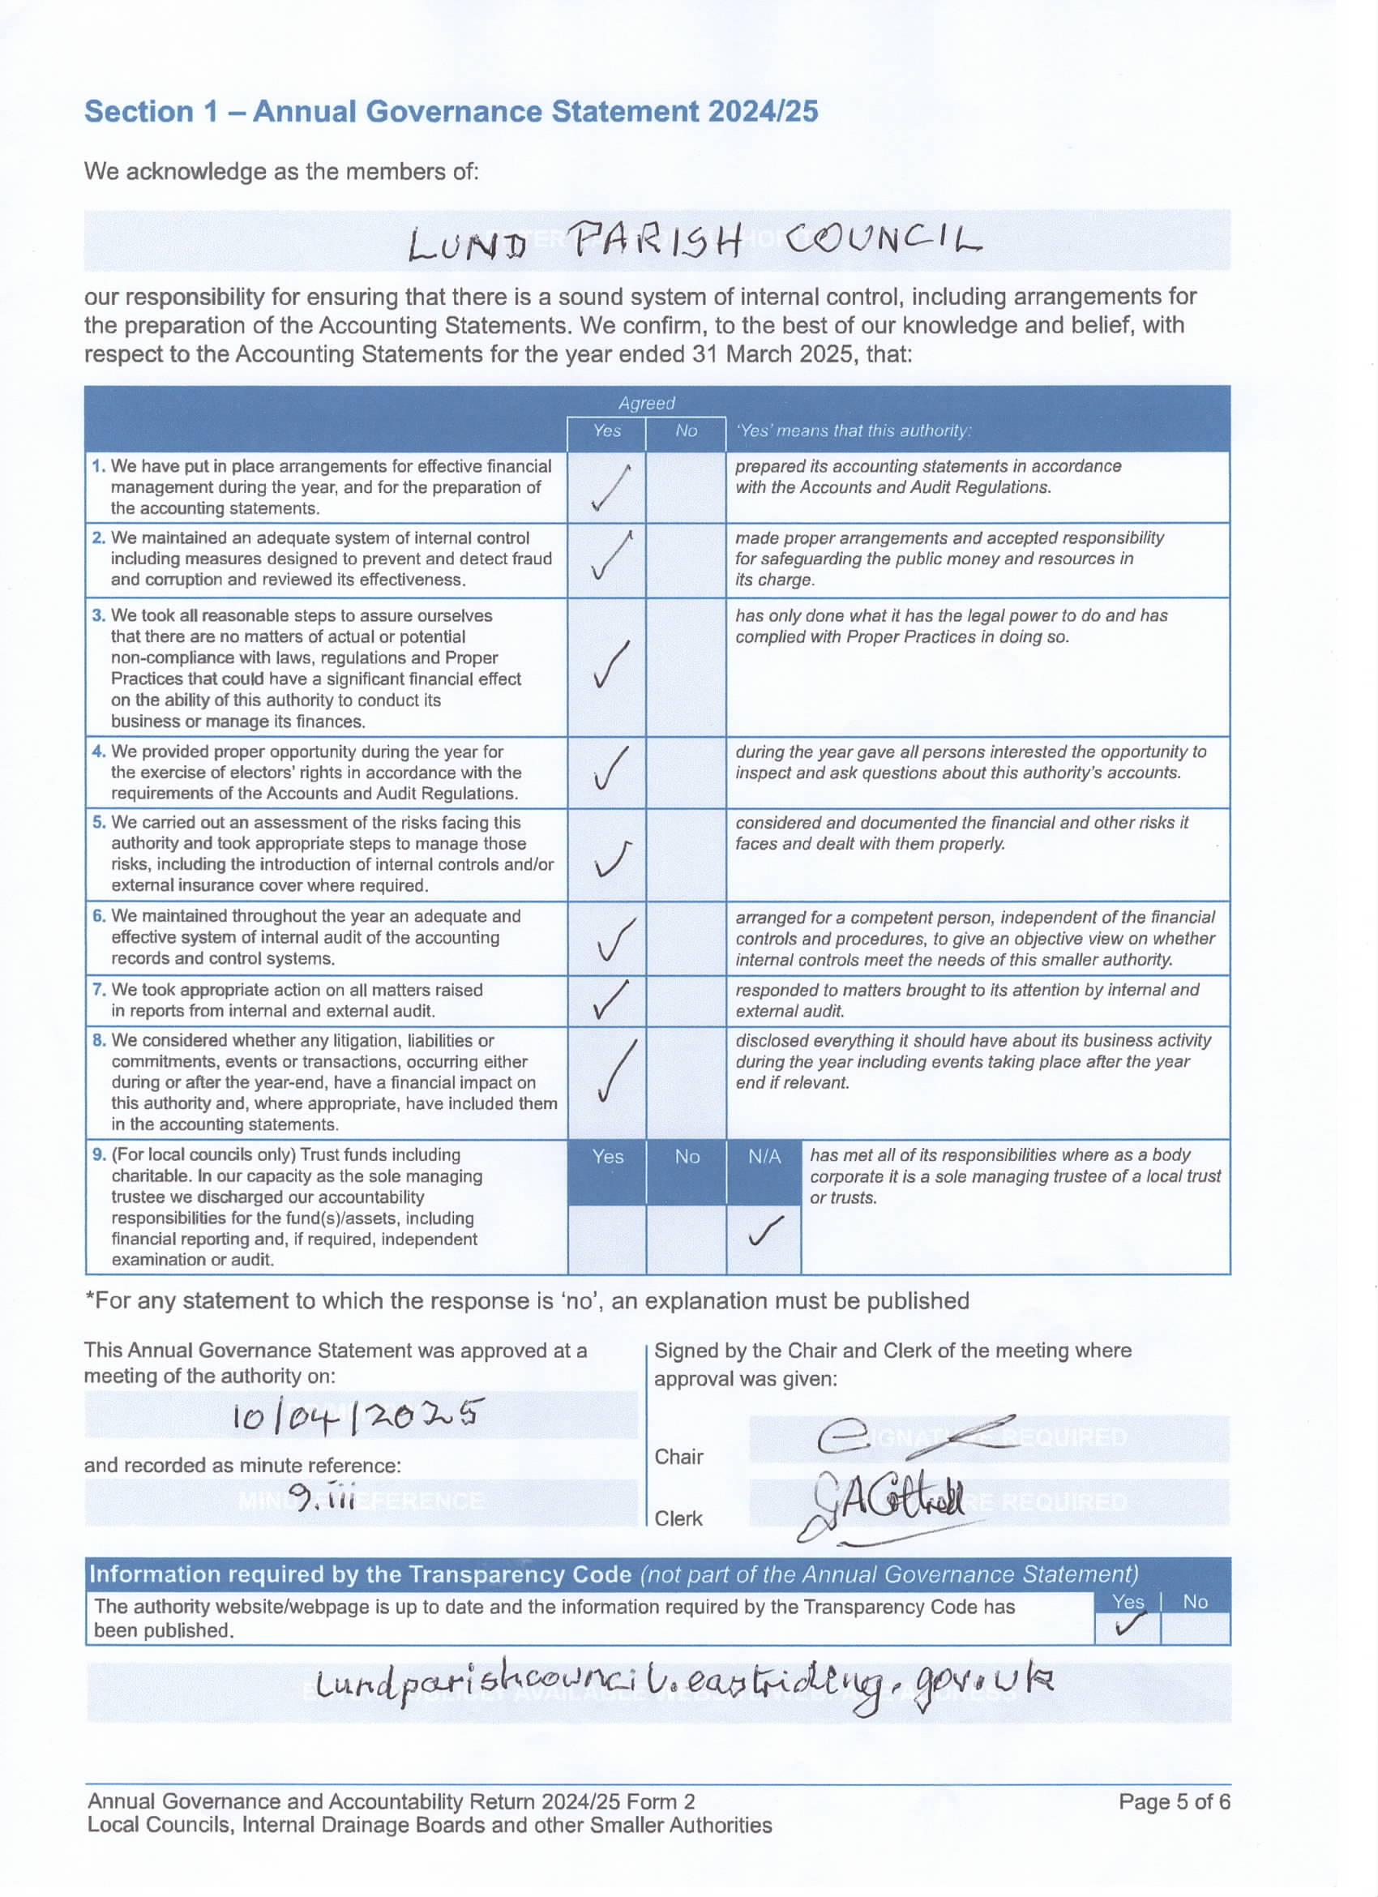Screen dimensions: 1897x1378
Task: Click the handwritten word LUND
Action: point(467,246)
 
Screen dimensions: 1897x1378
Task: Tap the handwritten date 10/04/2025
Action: point(357,1416)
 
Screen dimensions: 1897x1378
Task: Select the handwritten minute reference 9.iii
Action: point(321,1495)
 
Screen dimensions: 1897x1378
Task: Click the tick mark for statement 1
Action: point(610,488)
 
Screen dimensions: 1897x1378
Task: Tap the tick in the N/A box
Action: point(764,1232)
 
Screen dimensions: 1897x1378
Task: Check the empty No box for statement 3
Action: point(686,666)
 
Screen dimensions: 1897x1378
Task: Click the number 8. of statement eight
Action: point(100,1040)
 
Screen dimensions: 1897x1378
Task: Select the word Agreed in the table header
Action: point(646,403)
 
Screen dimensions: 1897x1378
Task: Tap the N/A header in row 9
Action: point(764,1157)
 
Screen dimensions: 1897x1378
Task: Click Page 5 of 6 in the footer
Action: point(1174,1801)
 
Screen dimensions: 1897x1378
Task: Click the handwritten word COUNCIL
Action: point(882,240)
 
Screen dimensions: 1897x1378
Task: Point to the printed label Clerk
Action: point(678,1518)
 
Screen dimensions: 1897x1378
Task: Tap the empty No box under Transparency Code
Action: point(1195,1628)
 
